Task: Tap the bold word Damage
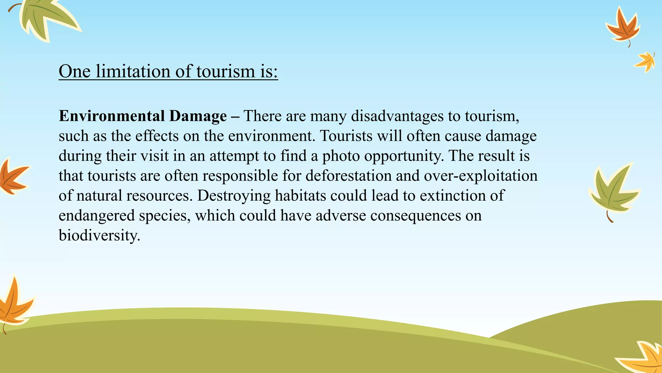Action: [198, 116]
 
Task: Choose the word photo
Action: [341, 156]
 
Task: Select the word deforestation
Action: [348, 176]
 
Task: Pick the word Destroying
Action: [234, 196]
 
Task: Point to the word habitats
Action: [300, 196]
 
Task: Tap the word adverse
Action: [341, 215]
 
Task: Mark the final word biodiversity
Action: [99, 235]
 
